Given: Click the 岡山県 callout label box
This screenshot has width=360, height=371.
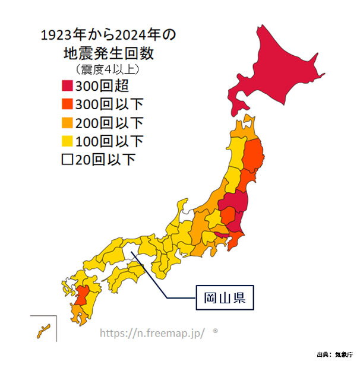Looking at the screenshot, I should pos(225,296).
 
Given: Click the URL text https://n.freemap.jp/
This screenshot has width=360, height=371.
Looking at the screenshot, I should pos(152,333).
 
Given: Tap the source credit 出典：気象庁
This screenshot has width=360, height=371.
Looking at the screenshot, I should pos(334,355).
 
